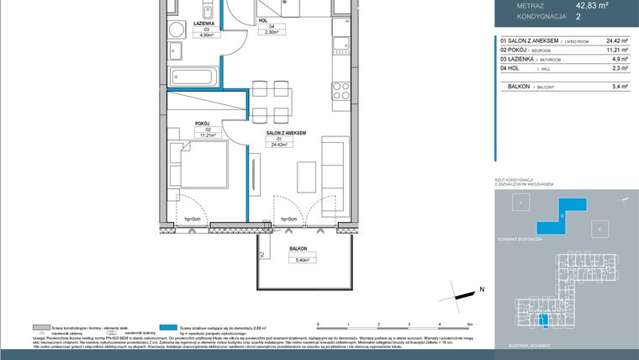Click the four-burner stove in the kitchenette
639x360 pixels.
coord(340,87)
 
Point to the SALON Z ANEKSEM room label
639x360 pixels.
coord(285,133)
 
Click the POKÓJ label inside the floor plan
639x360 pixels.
coord(203,124)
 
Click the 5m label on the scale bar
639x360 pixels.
coord(471,323)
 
